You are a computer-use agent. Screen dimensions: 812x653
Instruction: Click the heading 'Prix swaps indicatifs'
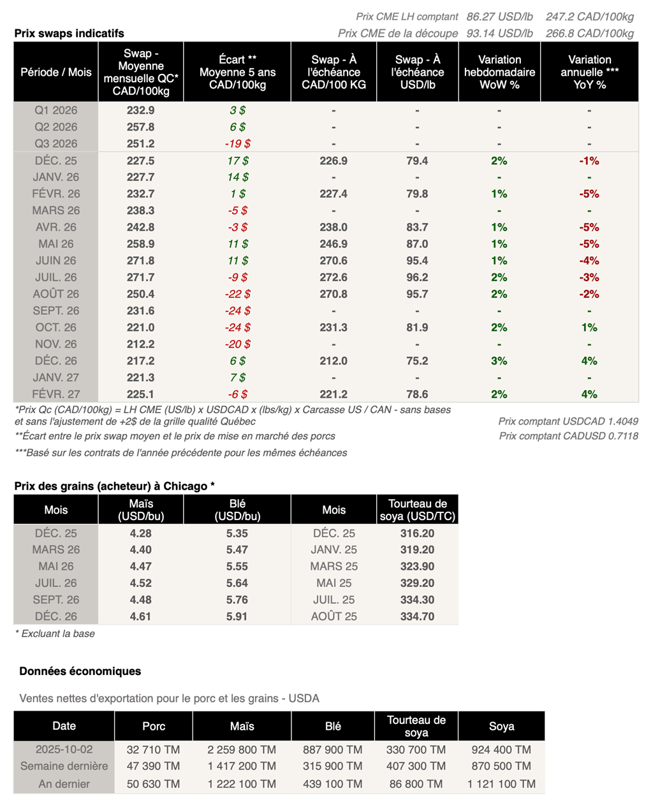69,33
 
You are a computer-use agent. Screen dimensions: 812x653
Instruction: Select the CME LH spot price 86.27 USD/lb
499,17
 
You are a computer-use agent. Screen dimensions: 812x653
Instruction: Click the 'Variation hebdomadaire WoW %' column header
499,72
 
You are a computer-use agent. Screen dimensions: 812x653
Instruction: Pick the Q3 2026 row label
56,143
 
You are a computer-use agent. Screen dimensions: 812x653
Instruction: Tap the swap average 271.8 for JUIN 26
140,261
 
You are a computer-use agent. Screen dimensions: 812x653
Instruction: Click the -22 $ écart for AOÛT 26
237,294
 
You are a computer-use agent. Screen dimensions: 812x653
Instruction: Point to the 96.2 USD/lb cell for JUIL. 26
417,277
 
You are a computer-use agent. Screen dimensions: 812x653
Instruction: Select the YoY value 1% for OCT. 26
589,328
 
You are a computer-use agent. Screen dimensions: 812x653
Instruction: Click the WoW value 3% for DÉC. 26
499,361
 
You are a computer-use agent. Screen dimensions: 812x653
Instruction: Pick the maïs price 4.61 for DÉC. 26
140,616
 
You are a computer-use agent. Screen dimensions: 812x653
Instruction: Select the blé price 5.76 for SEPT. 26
237,600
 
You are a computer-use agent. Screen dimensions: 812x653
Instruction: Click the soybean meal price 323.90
417,566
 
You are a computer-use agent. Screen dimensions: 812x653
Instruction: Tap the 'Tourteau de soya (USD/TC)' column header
417,510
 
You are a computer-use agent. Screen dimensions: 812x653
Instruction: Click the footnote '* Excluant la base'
55,634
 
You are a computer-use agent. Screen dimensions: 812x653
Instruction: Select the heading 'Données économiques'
80,671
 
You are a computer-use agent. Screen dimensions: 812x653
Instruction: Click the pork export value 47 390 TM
153,766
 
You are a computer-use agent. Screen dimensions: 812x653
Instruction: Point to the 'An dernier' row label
64,784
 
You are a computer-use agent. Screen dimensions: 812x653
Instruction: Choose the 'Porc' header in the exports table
154,726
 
